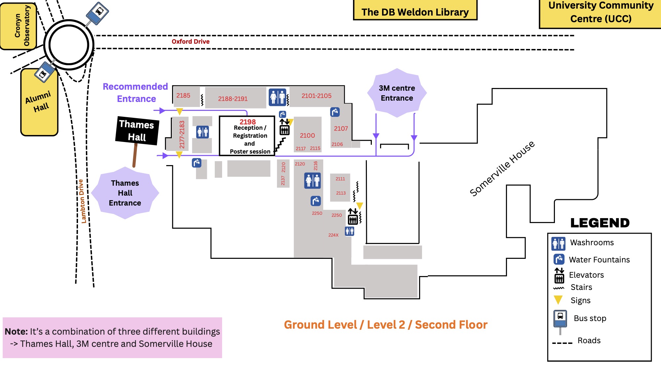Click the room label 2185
pyautogui.click(x=183, y=96)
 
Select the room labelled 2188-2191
pyautogui.click(x=233, y=99)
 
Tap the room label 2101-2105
pyautogui.click(x=316, y=96)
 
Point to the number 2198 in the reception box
pyautogui.click(x=248, y=122)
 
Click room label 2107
pyautogui.click(x=341, y=128)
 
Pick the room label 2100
pyautogui.click(x=307, y=135)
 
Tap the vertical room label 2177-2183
pyautogui.click(x=182, y=134)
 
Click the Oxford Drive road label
pyautogui.click(x=191, y=41)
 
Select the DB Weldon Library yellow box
pyautogui.click(x=415, y=10)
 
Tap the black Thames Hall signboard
pyautogui.click(x=137, y=131)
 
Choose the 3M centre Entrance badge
pyautogui.click(x=397, y=93)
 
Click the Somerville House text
pyautogui.click(x=502, y=168)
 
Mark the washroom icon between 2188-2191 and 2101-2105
pyautogui.click(x=278, y=97)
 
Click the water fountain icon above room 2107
pyautogui.click(x=335, y=112)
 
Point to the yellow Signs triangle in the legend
pyautogui.click(x=558, y=300)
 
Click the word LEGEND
pyautogui.click(x=600, y=223)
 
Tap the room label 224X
pyautogui.click(x=333, y=235)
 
